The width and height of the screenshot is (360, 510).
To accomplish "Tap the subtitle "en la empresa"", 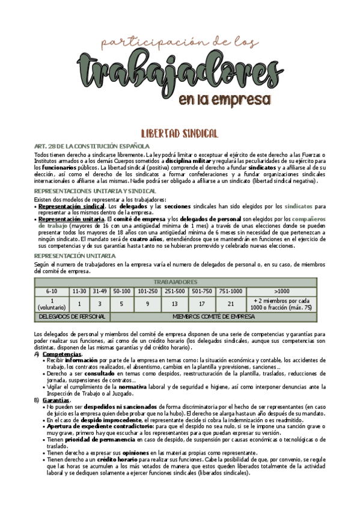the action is (x=224, y=99).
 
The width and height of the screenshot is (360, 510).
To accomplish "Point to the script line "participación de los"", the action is (x=181, y=42).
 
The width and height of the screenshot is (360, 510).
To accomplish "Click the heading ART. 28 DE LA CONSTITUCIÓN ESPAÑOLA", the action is (x=92, y=146).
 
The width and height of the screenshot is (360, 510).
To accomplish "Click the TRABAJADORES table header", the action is (x=175, y=281).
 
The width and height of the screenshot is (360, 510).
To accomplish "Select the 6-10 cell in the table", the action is (x=52, y=291).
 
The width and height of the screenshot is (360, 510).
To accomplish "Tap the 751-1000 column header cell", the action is (x=231, y=291).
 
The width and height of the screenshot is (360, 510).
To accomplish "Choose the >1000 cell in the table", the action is (x=281, y=291).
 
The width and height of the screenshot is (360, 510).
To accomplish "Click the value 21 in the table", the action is (x=231, y=304).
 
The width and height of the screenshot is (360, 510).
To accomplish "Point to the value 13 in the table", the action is (x=174, y=304).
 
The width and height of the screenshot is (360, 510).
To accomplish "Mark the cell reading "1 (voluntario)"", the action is (x=52, y=304).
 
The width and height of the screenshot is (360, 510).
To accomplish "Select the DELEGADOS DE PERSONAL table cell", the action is (x=72, y=316).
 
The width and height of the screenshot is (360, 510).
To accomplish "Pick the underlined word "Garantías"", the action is (x=55, y=400).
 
